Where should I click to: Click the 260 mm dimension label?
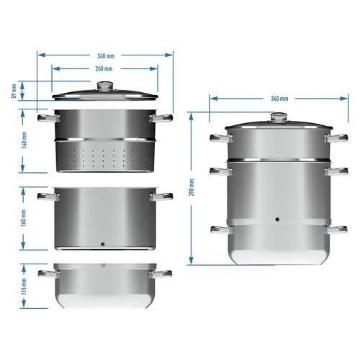(104, 68)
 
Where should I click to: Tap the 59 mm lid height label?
(14, 91)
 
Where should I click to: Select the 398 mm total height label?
(192, 187)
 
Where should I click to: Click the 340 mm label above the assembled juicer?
(279, 99)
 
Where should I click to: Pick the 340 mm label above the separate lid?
(106, 56)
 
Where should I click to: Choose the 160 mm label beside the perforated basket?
(24, 140)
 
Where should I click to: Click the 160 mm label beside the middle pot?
(24, 218)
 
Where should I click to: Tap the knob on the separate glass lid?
(105, 86)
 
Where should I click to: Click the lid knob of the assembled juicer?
(279, 117)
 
